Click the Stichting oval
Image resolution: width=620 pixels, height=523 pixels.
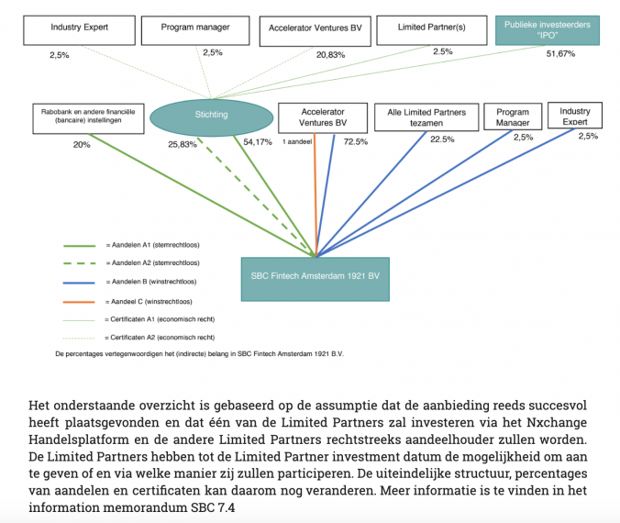212,116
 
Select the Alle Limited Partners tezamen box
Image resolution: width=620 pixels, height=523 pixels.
426,117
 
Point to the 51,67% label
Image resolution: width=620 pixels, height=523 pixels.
560,54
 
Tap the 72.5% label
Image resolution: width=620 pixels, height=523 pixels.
356,142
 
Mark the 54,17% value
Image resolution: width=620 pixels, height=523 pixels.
258,142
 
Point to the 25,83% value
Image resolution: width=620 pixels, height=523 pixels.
183,144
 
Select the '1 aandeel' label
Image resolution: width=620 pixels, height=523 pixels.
299,142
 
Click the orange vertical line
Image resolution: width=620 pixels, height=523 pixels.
316,193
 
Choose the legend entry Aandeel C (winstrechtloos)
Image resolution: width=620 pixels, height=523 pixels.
152,301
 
